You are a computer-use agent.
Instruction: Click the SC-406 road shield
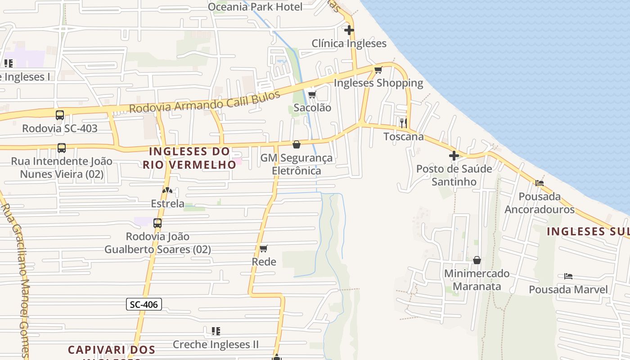pos(144,305)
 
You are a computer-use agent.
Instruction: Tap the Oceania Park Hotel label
pos(255,7)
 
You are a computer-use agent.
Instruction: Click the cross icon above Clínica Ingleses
pos(349,30)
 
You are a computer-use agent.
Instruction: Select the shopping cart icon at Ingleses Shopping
pos(378,70)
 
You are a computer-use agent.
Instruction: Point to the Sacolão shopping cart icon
pos(312,94)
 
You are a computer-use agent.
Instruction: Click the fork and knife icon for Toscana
pos(404,122)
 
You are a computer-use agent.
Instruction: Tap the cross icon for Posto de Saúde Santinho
pos(454,156)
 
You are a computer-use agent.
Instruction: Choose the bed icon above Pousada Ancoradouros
pos(540,183)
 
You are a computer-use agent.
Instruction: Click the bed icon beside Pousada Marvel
pos(568,276)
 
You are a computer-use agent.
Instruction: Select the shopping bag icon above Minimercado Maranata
pos(477,260)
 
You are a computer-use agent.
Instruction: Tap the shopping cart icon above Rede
pos(264,248)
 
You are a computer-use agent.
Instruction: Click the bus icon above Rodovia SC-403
pos(60,115)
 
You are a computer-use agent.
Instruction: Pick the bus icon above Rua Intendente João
pos(62,148)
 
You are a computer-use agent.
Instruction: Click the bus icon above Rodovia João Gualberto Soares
pos(157,223)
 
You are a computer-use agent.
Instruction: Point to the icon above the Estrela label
pos(167,190)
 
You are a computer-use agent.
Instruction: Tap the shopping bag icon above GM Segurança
pos(297,144)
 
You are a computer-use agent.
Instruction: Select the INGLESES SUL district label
pos(588,231)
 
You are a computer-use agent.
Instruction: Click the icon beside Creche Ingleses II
pos(216,331)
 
